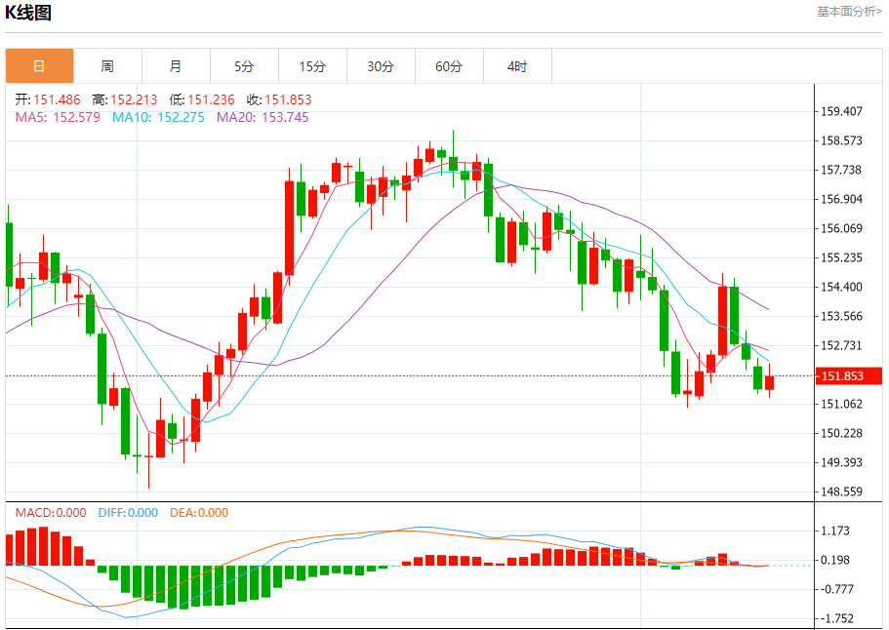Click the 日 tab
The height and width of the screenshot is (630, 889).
point(39,66)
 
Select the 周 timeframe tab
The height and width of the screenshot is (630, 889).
point(107,66)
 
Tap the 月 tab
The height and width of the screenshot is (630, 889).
point(176,66)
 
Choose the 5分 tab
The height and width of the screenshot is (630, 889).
point(244,66)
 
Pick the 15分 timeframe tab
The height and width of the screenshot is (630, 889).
point(312,66)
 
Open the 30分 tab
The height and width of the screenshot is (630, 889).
point(381,66)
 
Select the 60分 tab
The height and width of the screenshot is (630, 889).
point(449,66)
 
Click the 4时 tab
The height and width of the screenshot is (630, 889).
point(517,66)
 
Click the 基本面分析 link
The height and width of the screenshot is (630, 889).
point(848,12)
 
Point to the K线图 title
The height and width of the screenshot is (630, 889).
point(28,13)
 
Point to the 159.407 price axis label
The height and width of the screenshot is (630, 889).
point(842,111)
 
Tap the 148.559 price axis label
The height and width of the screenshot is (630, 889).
point(842,492)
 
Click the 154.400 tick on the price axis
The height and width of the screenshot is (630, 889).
point(842,287)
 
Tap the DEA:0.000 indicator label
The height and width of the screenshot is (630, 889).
point(199,513)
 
